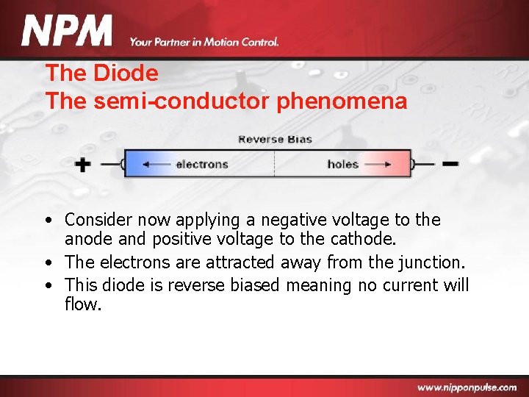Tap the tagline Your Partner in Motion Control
tap(204, 42)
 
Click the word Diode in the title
tap(126, 74)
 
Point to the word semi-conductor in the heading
tap(182, 101)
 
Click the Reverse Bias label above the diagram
tap(275, 140)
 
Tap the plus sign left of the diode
tap(83, 164)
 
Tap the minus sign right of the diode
tap(450, 163)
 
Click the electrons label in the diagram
tap(202, 164)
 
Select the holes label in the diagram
tap(342, 164)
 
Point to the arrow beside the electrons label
tap(155, 164)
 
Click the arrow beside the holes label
tap(378, 164)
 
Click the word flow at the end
tap(82, 304)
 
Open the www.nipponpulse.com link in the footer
tap(467, 387)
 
